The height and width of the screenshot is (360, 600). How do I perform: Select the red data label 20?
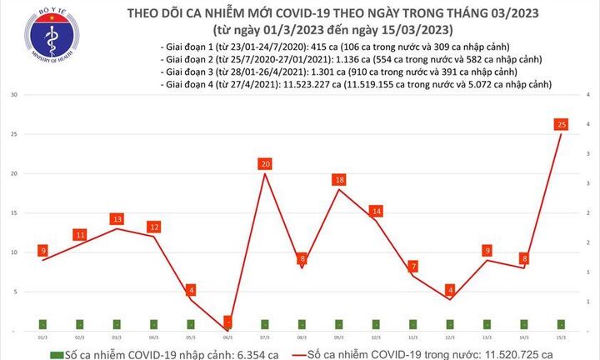pyautogui.click(x=265, y=164)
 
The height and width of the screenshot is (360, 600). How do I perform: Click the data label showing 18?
pyautogui.click(x=339, y=180)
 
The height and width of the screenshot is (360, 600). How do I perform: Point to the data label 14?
pyautogui.click(x=377, y=212)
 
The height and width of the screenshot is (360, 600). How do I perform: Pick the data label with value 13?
pyautogui.click(x=117, y=219)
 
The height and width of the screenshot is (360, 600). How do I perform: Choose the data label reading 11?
pyautogui.click(x=80, y=235)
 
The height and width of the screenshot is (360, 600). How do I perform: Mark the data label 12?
pyautogui.click(x=154, y=227)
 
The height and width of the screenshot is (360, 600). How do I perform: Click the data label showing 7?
pyautogui.click(x=414, y=267)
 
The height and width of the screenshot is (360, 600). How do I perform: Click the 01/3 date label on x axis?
pyautogui.click(x=42, y=337)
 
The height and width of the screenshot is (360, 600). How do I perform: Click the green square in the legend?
pyautogui.click(x=56, y=354)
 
